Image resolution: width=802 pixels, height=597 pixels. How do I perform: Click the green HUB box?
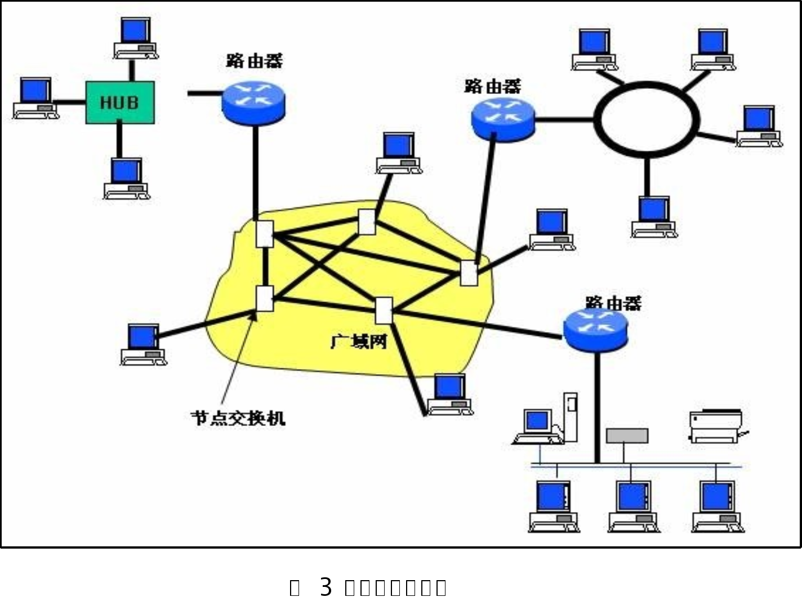tap(119, 102)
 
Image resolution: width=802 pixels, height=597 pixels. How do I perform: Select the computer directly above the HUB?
tap(135, 38)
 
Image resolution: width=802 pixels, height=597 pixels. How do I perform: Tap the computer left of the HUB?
tap(36, 98)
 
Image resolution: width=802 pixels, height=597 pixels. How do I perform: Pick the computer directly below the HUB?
tap(126, 178)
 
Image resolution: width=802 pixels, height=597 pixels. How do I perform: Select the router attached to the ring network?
tap(502, 119)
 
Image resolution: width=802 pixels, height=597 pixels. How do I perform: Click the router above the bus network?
tap(595, 331)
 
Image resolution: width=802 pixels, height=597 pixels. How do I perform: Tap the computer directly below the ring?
tap(654, 217)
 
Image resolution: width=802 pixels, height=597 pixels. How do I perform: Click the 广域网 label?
tap(358, 341)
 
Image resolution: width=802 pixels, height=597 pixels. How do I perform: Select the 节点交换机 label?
tap(238, 418)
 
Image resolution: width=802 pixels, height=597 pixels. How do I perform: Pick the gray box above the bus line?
tap(627, 436)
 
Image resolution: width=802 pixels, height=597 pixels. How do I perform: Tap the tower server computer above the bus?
tap(571, 416)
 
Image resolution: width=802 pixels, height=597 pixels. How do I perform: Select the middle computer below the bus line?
tap(633, 505)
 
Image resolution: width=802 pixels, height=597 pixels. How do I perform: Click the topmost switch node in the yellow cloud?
tap(366, 222)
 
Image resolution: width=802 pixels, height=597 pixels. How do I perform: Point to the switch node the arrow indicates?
tap(264, 298)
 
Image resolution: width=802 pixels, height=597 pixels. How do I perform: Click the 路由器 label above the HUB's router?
tap(254, 61)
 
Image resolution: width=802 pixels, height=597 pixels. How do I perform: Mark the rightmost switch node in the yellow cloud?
tap(469, 273)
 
